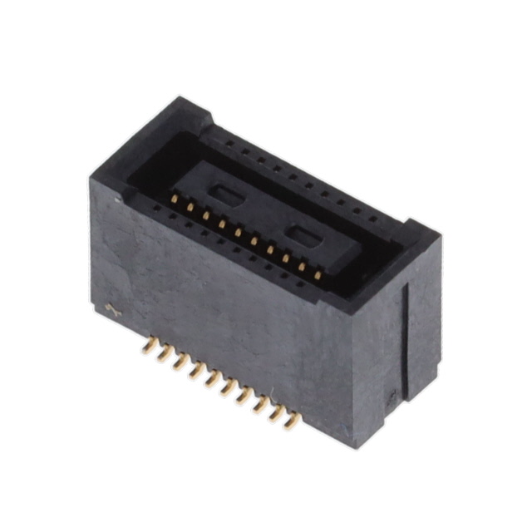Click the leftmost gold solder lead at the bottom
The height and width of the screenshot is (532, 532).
(149, 346)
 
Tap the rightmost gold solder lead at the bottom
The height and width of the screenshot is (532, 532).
(292, 421)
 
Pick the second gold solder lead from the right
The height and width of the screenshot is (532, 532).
(276, 412)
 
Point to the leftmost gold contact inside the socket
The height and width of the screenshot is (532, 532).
(174, 199)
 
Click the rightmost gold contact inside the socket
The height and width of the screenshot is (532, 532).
(318, 275)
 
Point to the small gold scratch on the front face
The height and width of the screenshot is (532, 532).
(113, 311)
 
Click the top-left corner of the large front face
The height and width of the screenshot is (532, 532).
(91, 181)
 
